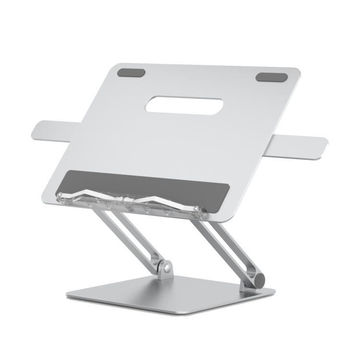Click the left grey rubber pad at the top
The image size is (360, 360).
tap(131, 73)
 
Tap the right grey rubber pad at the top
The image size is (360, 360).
tap(271, 77)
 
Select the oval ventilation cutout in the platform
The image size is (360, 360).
tap(184, 105)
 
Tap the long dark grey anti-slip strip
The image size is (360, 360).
tap(144, 183)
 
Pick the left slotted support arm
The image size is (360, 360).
tap(130, 235)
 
